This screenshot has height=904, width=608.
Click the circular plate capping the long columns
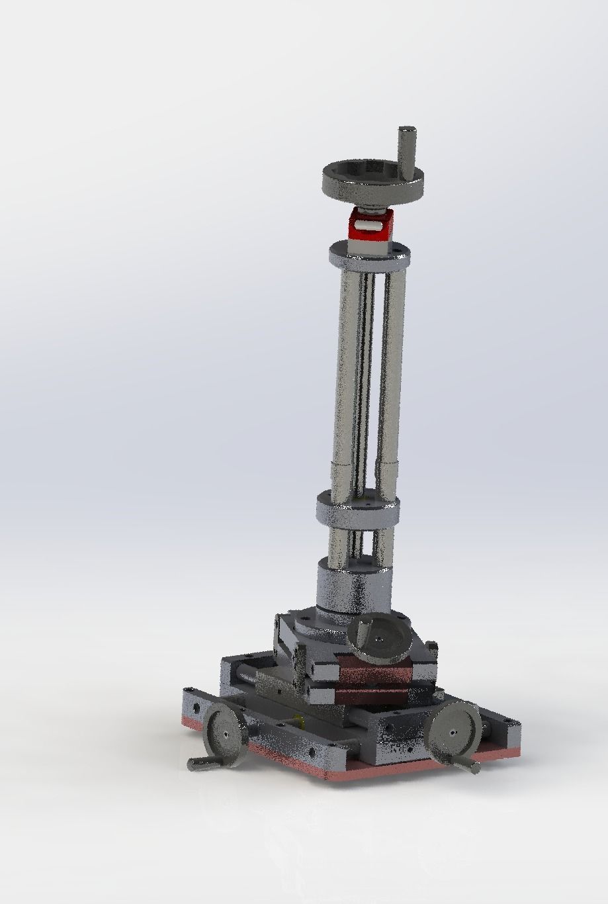[x=369, y=253]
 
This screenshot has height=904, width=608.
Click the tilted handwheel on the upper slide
[x=381, y=637]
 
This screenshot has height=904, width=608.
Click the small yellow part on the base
[x=299, y=720]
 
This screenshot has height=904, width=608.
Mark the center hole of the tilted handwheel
[x=380, y=639]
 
